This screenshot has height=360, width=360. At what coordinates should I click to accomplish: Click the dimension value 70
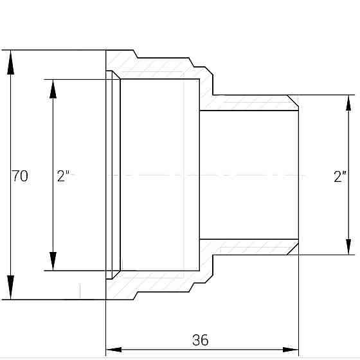click(x=20, y=175)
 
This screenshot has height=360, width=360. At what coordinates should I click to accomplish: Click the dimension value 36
click(x=201, y=340)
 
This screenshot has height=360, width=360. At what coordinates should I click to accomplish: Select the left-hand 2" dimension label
click(x=63, y=175)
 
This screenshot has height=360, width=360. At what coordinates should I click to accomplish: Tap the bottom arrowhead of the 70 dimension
click(x=10, y=287)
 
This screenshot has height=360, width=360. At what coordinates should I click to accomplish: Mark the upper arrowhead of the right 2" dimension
click(x=349, y=106)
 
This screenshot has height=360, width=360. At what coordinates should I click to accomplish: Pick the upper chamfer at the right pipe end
click(x=293, y=102)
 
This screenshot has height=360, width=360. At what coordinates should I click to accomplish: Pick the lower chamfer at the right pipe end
click(x=293, y=248)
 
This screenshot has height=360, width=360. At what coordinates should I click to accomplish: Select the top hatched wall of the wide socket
click(x=161, y=67)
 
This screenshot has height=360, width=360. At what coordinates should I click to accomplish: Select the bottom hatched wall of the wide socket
click(x=161, y=283)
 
